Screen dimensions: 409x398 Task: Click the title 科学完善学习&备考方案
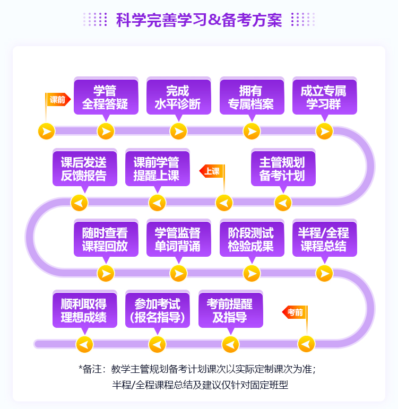click(199, 20)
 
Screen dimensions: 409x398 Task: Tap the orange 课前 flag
click(58, 99)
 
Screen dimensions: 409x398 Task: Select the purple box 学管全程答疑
click(105, 97)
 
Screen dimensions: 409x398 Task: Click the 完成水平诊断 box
click(178, 97)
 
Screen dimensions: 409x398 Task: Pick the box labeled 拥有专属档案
click(251, 97)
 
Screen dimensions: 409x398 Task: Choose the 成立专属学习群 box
click(324, 97)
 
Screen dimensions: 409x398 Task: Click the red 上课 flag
click(212, 171)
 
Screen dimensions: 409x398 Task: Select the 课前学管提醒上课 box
click(156, 169)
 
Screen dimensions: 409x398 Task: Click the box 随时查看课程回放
click(105, 240)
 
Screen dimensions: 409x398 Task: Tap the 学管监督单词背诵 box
click(178, 240)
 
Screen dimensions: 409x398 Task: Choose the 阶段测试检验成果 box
click(251, 240)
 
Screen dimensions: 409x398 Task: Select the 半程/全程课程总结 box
click(324, 240)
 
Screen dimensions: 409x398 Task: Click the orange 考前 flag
click(295, 312)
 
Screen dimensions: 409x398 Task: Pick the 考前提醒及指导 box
click(230, 311)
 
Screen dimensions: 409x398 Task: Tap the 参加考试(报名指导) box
click(157, 311)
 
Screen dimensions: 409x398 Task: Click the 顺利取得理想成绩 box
click(84, 311)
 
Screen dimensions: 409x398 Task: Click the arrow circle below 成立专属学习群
click(324, 131)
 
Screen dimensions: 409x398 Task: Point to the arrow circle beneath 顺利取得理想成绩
click(84, 344)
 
